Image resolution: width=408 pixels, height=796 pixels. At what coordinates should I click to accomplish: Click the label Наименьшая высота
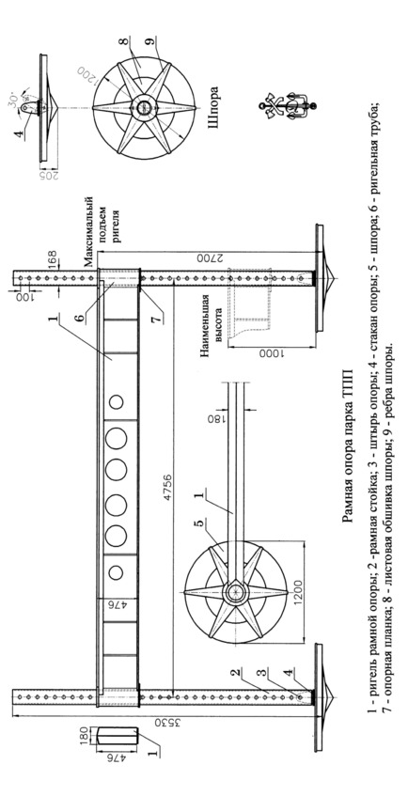click(210, 332)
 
